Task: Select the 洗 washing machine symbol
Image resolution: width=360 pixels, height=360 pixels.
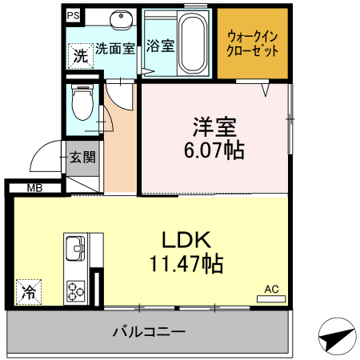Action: [x=79, y=55]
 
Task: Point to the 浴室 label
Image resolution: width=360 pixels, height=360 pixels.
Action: [x=161, y=46]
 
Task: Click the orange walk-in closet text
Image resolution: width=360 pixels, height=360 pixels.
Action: [x=253, y=43]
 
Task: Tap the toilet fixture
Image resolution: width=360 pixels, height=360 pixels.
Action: [x=81, y=102]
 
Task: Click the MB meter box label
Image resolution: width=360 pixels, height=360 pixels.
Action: [x=35, y=189]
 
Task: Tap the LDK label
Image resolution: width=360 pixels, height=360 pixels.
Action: [x=186, y=239]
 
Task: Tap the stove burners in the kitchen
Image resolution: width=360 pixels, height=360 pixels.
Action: [x=77, y=289]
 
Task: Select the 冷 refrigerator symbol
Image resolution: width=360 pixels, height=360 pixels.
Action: [x=29, y=292]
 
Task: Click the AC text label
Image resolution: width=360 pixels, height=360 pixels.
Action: [x=270, y=289]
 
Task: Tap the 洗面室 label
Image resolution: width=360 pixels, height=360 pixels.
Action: [x=115, y=48]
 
